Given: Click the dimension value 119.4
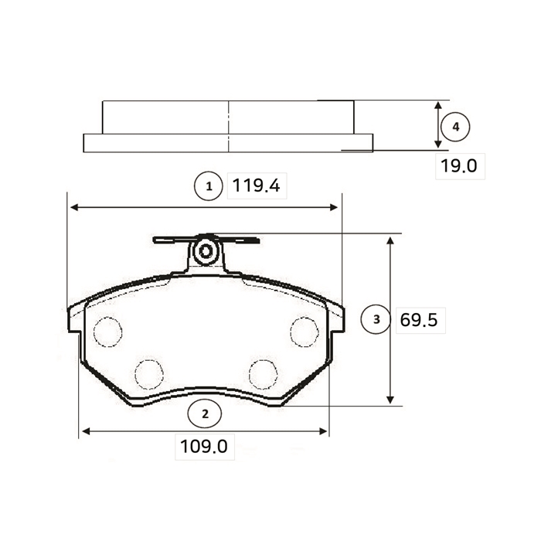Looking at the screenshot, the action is click(256, 185).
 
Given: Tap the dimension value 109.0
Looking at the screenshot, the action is click(204, 447).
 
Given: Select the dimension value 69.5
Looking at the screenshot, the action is click(419, 320).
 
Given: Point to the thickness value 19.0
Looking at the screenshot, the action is click(459, 166).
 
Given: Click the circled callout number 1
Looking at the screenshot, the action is click(209, 187).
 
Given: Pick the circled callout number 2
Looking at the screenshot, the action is click(205, 414).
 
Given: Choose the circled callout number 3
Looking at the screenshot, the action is click(376, 319).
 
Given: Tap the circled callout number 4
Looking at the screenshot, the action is click(456, 127).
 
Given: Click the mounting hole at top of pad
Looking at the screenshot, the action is click(206, 251).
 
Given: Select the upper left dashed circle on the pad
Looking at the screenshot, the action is click(107, 332).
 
